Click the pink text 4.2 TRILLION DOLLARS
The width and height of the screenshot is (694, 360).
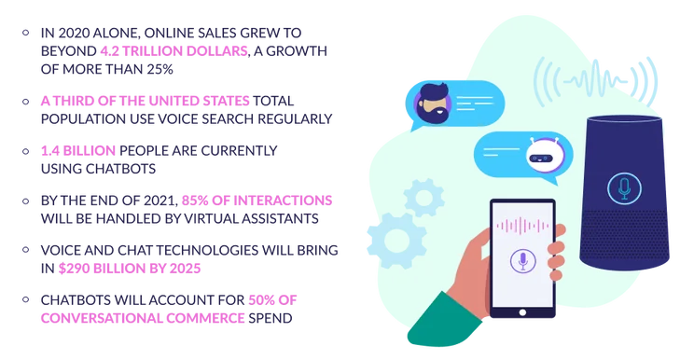coord(173,51)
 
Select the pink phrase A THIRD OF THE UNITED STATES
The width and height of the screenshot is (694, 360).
coord(146,101)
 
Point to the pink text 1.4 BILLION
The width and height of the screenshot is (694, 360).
coord(78,151)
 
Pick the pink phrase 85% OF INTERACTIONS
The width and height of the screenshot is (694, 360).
coord(257,201)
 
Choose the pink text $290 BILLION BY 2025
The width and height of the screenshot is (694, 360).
coord(130,269)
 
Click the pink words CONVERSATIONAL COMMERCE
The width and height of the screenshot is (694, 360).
coord(143,318)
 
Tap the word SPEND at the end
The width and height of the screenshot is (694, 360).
coord(270,318)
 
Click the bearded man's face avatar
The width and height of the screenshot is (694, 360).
coord(432,104)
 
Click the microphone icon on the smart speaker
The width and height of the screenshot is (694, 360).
coord(624,188)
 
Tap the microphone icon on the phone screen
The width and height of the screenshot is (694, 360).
coord(523,260)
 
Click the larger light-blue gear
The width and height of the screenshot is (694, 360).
coord(396,241)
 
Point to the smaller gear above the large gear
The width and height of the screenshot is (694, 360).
coord(424,198)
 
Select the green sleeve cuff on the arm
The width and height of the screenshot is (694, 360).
coord(442,318)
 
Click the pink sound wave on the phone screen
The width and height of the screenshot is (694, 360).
coord(522,226)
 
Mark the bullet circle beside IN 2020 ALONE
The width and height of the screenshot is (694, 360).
coord(26,33)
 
